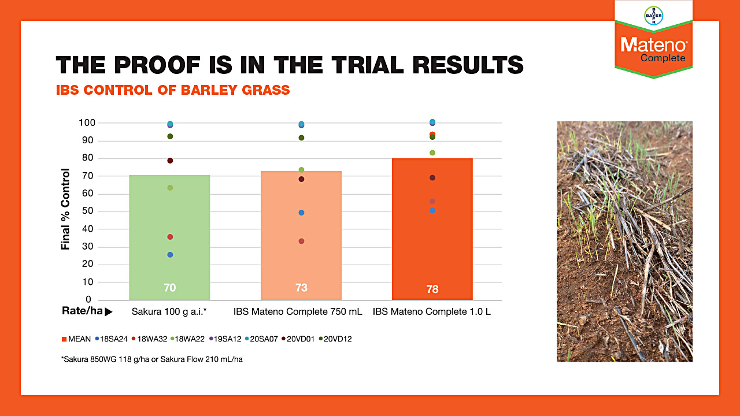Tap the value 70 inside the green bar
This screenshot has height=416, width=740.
[x=169, y=288]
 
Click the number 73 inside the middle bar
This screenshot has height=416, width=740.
[x=301, y=288]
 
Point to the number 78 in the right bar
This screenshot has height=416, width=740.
[x=432, y=289]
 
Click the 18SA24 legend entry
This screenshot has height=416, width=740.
[x=112, y=339]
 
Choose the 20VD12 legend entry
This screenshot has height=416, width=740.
[x=335, y=339]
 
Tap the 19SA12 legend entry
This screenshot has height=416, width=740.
[x=225, y=339]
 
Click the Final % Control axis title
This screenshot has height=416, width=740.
[x=66, y=209]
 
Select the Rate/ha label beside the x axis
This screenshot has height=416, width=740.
[x=83, y=311]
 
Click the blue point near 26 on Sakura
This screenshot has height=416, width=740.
[x=170, y=255]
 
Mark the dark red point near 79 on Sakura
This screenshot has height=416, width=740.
[x=170, y=161]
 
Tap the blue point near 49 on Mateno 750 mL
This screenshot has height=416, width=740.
[x=301, y=213]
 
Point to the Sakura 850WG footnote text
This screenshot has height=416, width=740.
[x=156, y=359]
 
